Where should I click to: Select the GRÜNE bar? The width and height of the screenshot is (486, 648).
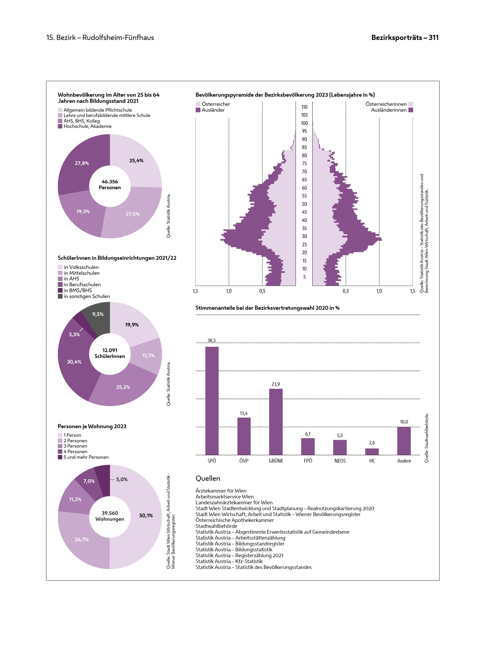tap(276, 422)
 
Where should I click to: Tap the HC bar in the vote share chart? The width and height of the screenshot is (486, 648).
tap(372, 452)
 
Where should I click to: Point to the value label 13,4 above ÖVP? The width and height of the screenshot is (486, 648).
tap(244, 413)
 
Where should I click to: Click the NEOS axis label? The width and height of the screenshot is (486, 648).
tap(340, 461)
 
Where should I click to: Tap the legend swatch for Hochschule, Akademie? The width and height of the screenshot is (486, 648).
tap(60, 126)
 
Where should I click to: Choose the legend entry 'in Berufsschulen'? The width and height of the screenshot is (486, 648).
tap(82, 284)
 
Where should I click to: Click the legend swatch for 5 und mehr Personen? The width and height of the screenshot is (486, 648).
tap(60, 457)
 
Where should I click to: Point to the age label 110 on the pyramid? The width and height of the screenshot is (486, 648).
tap(304, 107)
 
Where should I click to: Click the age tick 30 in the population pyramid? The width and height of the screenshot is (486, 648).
tap(304, 236)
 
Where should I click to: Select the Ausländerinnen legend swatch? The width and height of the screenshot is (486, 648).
tap(411, 110)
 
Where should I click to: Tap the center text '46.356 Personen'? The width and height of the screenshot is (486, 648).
tap(110, 185)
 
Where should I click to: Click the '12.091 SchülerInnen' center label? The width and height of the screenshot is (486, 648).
tap(110, 353)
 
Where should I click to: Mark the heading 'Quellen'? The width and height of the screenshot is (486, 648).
tap(208, 478)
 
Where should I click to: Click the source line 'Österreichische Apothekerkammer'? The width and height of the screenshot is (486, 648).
tap(234, 520)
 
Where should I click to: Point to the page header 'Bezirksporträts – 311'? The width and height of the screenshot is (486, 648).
tap(405, 38)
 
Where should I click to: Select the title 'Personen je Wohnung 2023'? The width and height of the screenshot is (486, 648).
tap(92, 426)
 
